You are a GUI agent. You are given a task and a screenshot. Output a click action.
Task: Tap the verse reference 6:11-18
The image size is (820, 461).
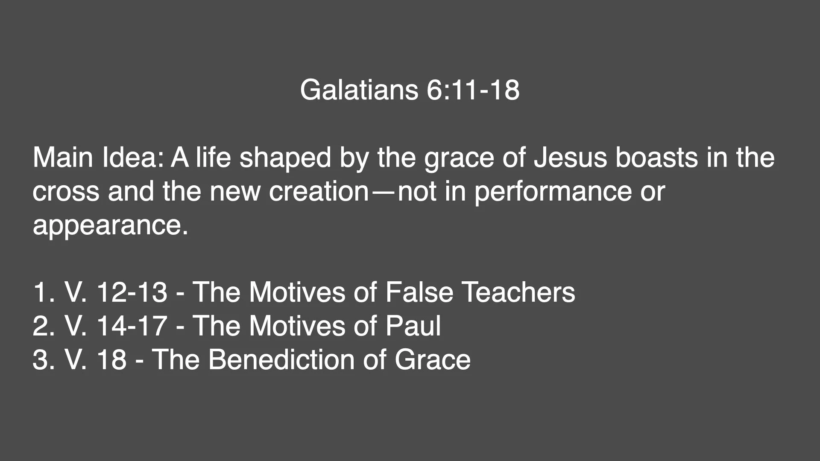(473, 90)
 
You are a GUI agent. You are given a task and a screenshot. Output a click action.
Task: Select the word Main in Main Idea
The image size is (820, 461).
(64, 158)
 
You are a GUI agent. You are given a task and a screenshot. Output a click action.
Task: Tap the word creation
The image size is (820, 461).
(319, 192)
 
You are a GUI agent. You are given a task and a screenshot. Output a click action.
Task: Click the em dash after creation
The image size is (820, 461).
(383, 192)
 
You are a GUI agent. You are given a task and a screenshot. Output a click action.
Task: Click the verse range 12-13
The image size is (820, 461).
(132, 292)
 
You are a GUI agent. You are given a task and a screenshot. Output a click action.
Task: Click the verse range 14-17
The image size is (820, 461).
(132, 326)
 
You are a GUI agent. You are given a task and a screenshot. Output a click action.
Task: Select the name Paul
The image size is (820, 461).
(413, 326)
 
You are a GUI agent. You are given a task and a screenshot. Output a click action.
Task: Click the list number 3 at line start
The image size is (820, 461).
(40, 359)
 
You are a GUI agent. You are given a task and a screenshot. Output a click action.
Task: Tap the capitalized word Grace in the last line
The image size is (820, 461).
(432, 359)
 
